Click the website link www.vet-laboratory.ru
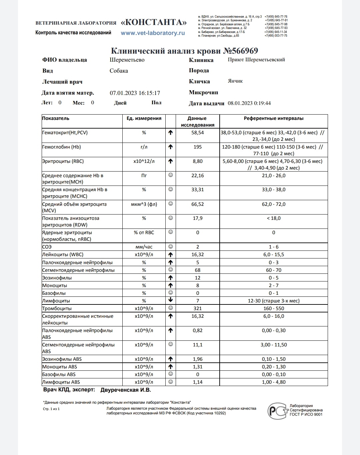(153, 33)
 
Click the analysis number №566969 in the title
(240, 51)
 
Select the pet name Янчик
(235, 81)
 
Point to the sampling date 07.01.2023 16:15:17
(135, 93)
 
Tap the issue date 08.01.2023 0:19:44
(249, 103)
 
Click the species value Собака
(119, 71)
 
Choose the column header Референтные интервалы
(273, 118)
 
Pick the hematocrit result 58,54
(197, 133)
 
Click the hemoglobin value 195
(197, 147)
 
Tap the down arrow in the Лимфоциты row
(170, 300)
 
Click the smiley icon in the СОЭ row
(170, 247)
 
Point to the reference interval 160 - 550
(273, 308)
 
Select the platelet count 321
(197, 308)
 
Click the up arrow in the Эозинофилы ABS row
(170, 359)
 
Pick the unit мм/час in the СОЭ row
(144, 247)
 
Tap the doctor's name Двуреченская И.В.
(126, 390)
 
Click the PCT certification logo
(278, 411)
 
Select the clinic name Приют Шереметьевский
(256, 60)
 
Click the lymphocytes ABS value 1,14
(197, 382)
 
